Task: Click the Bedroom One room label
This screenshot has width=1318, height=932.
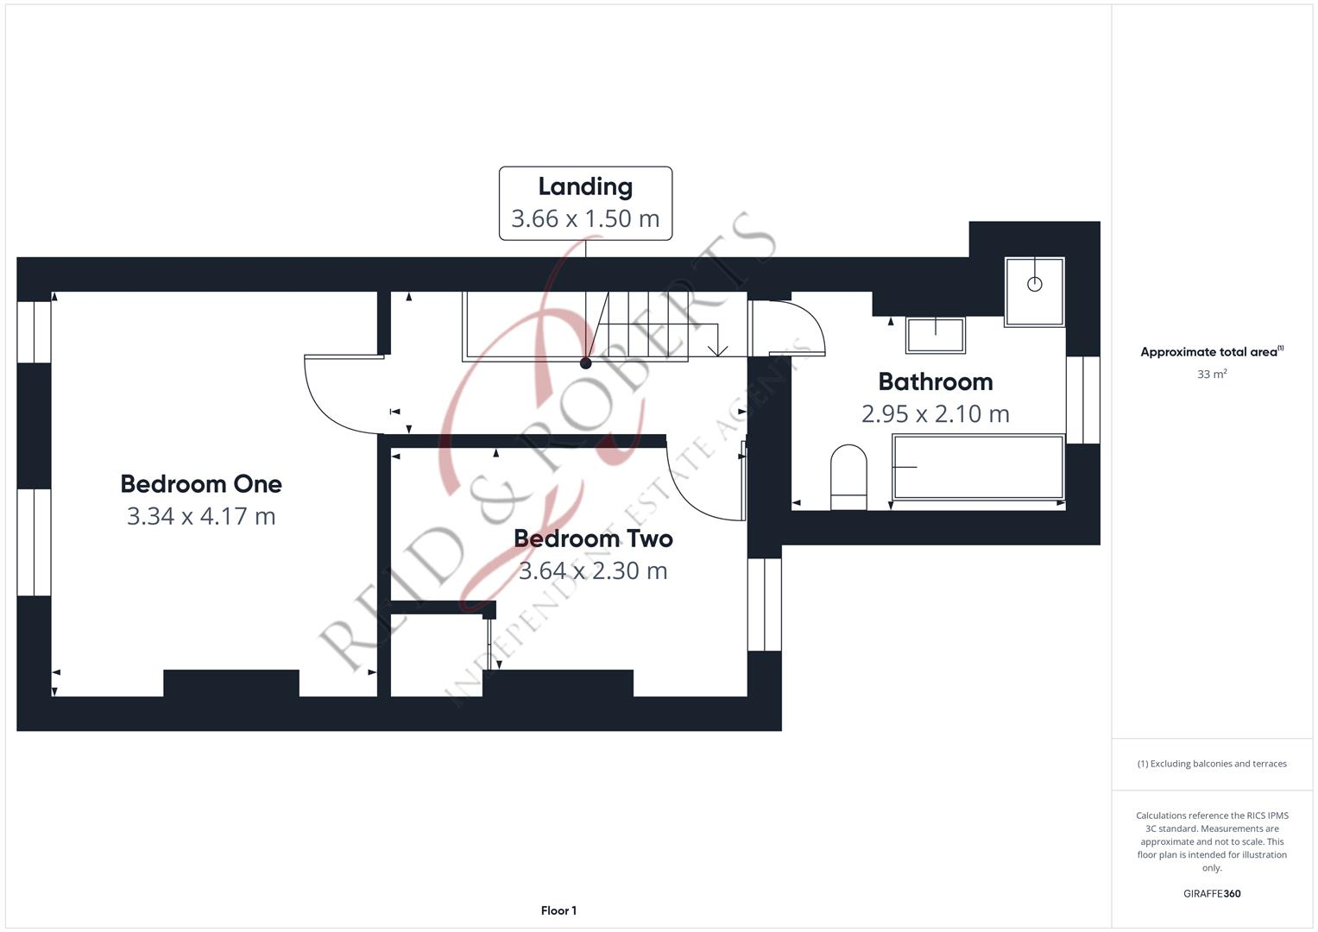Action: click(201, 484)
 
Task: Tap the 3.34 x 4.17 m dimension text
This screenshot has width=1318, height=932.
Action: click(201, 516)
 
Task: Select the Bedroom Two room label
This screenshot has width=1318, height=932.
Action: click(593, 538)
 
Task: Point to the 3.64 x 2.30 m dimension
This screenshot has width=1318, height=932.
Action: click(593, 570)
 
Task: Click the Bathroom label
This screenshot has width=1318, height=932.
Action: click(935, 381)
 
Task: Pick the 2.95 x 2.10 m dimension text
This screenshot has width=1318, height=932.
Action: click(935, 413)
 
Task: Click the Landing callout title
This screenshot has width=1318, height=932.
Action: click(585, 186)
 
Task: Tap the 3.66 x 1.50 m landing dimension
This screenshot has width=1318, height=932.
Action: click(585, 218)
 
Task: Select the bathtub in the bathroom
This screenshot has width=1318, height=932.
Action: click(978, 467)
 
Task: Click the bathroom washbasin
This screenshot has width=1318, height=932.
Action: click(935, 335)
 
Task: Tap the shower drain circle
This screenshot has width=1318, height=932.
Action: click(1034, 284)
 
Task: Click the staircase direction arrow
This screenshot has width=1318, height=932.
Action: click(717, 349)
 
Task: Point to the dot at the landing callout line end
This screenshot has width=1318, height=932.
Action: click(585, 363)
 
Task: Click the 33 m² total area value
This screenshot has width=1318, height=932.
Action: click(1212, 375)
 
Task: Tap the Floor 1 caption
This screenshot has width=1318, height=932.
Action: click(558, 910)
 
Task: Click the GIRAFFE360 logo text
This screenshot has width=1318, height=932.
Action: click(1212, 893)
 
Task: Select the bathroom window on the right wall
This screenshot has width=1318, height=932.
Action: click(1082, 400)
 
